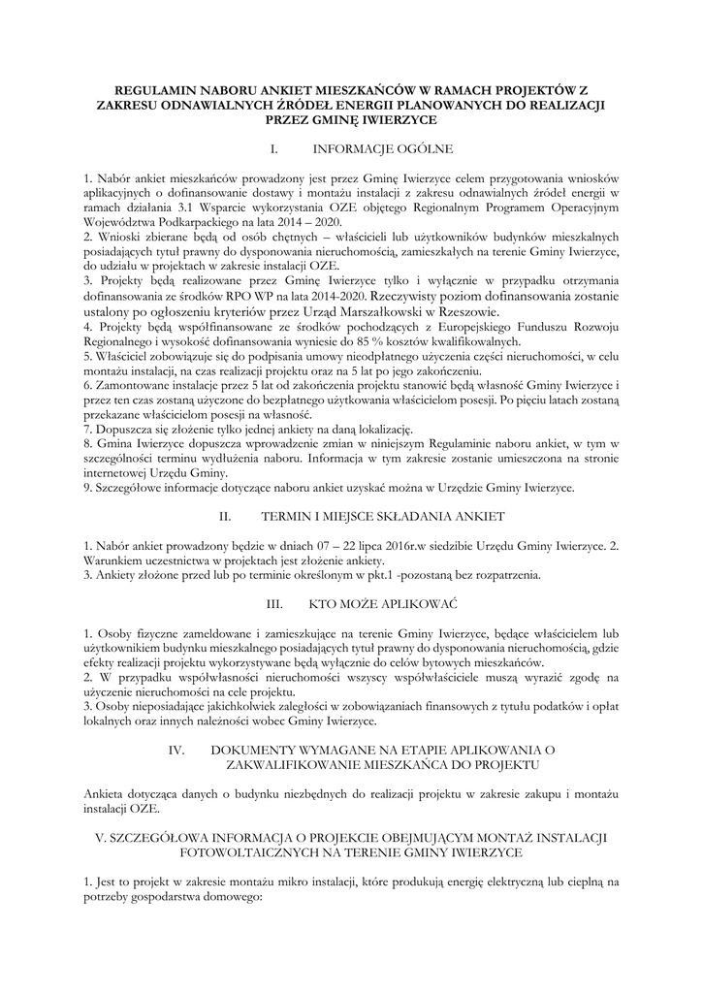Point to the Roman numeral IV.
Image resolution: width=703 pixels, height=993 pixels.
click(176, 751)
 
